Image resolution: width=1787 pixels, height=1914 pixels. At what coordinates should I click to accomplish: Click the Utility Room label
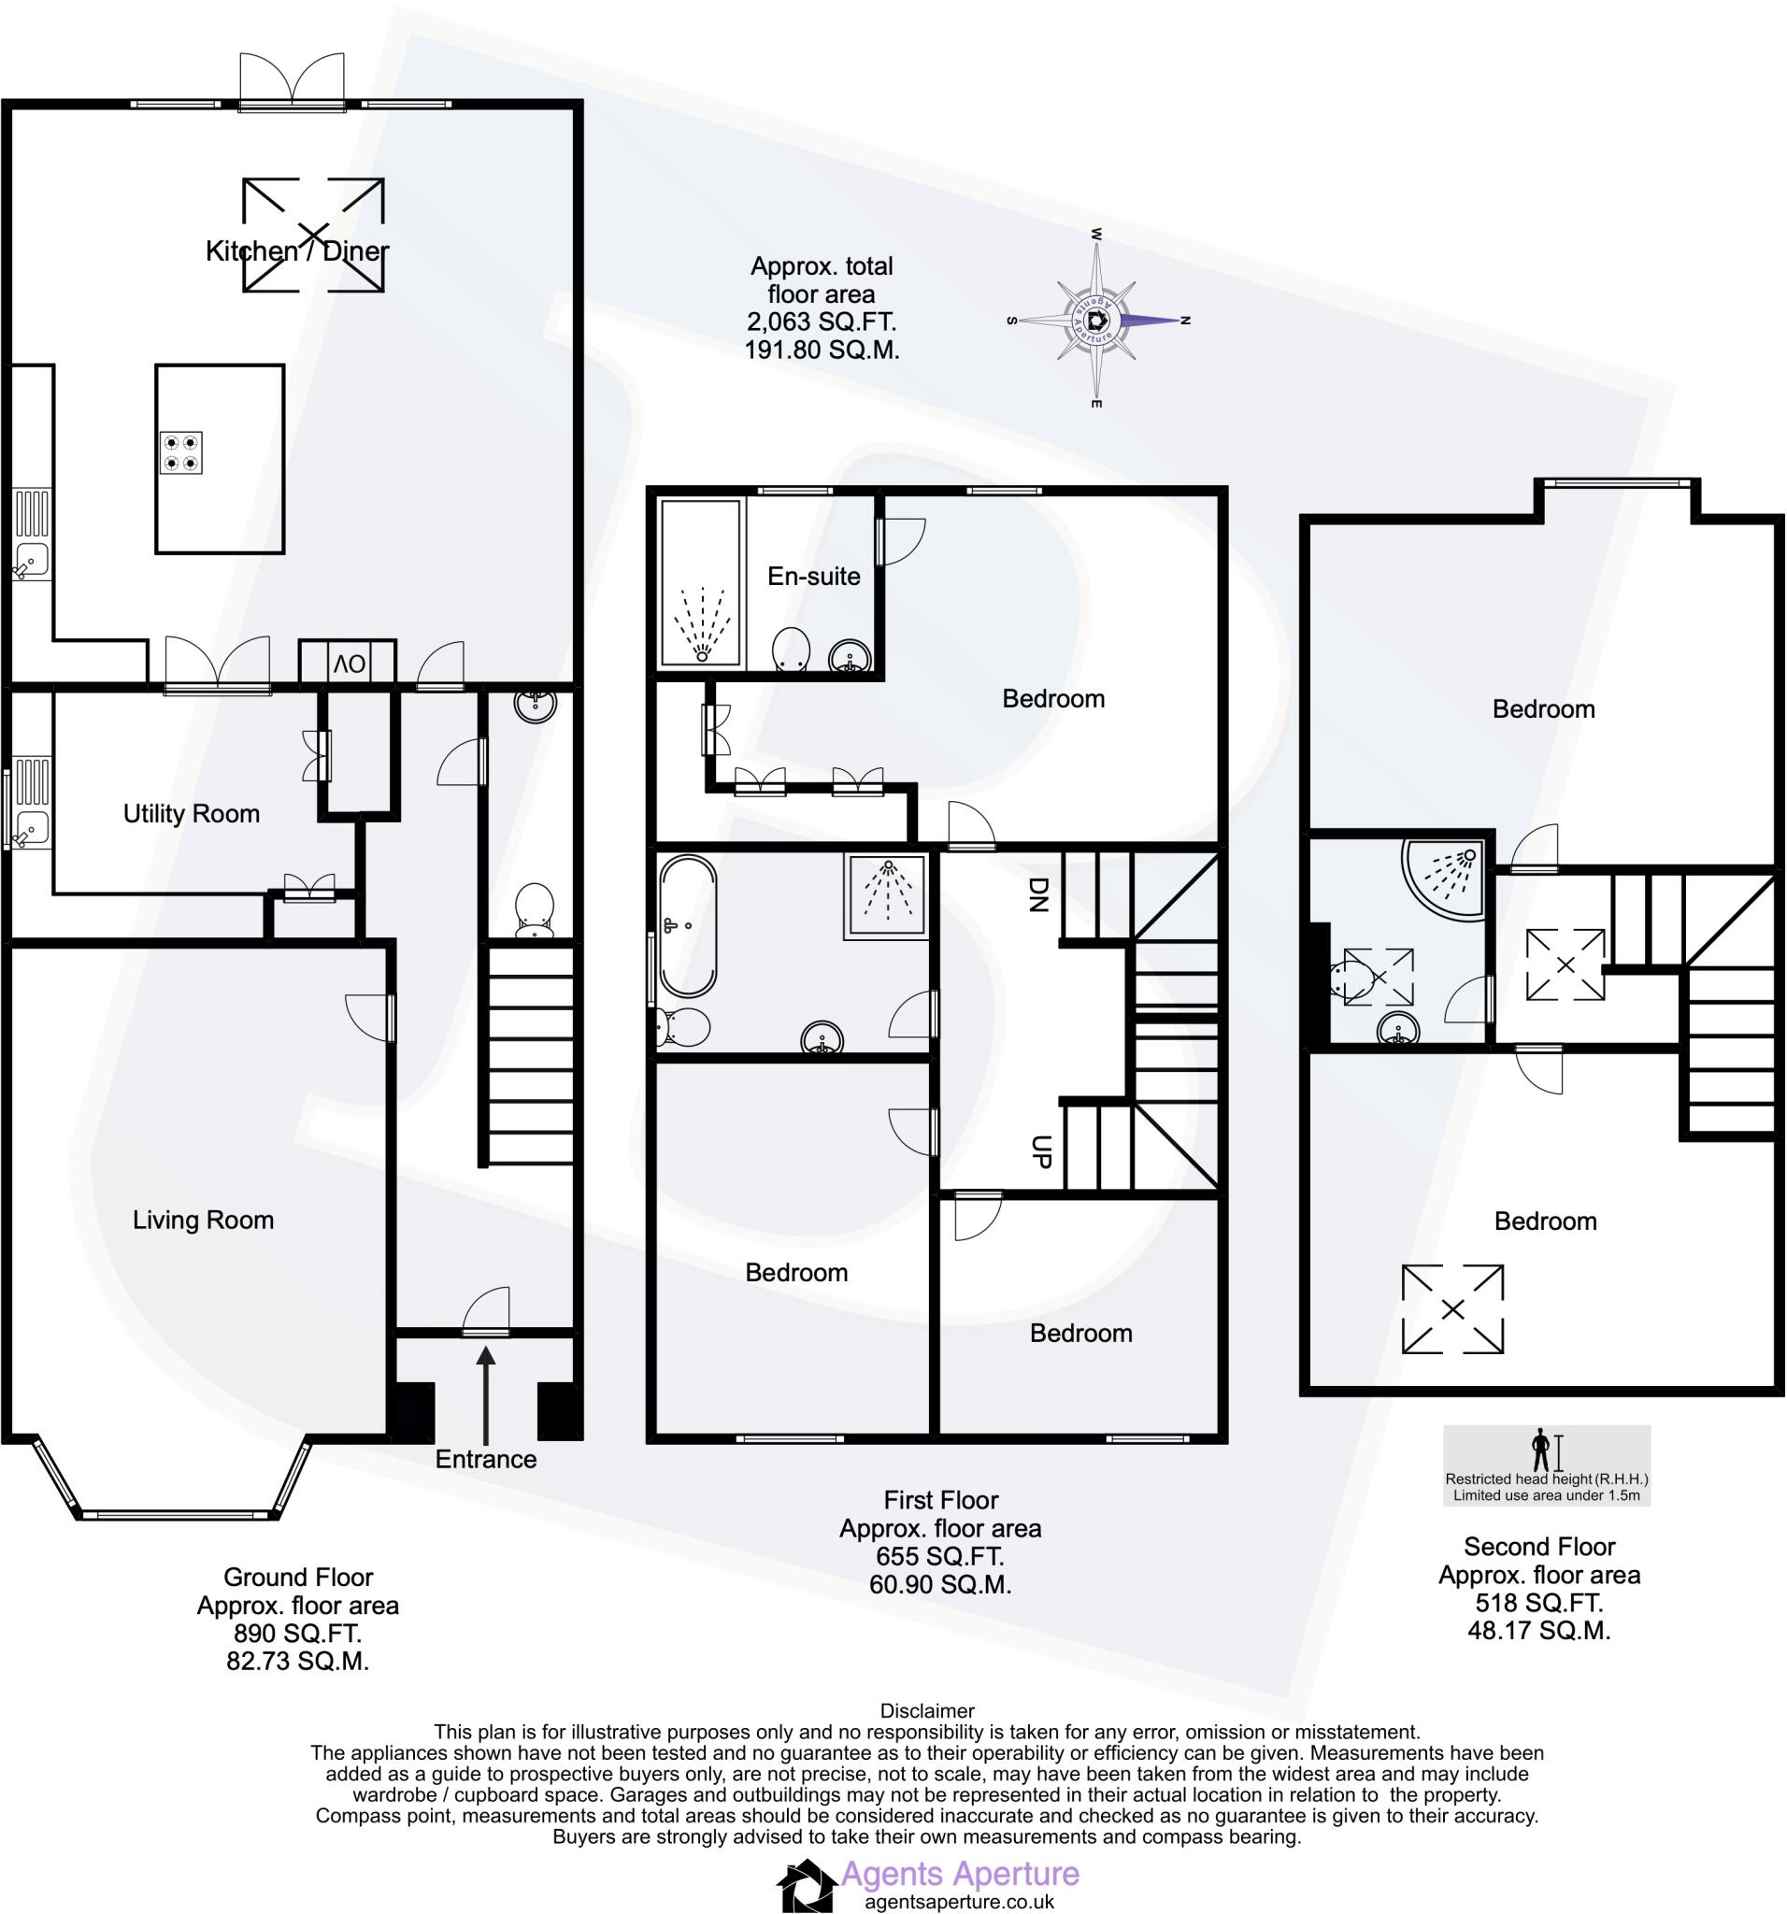click(191, 814)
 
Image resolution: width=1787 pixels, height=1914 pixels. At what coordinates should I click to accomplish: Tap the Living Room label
click(203, 1220)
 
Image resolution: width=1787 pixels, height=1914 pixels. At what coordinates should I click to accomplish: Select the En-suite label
click(813, 576)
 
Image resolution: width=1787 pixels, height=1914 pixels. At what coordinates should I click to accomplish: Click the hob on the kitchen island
click(181, 452)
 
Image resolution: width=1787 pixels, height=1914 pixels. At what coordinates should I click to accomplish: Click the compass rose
click(1096, 321)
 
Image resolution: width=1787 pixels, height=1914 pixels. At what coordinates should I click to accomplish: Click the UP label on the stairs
click(1040, 1150)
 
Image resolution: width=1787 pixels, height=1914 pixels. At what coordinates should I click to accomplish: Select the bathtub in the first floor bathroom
click(687, 927)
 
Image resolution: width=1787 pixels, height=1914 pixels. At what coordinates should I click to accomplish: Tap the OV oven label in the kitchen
click(350, 664)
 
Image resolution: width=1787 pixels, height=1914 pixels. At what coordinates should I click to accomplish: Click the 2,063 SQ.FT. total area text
click(822, 321)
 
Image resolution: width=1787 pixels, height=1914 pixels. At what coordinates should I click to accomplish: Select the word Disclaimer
click(926, 1711)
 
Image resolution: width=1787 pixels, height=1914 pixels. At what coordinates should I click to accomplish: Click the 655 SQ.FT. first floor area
click(939, 1556)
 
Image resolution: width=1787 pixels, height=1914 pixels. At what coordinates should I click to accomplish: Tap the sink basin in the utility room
click(32, 826)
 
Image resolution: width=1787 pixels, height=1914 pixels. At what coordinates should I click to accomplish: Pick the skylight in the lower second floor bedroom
click(1452, 1309)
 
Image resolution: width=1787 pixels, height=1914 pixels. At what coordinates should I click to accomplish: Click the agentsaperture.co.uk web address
click(959, 1902)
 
